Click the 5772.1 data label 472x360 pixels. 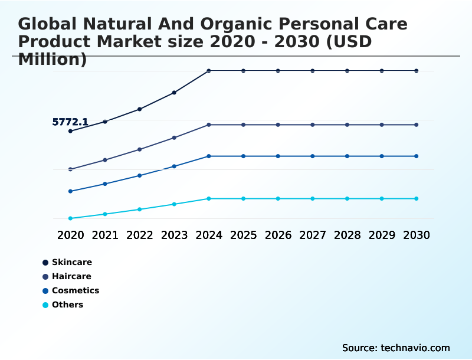[70, 122]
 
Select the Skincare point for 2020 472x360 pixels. [70, 131]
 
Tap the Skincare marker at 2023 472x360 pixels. [174, 93]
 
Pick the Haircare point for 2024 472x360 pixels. [209, 125]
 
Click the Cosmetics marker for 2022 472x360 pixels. [140, 175]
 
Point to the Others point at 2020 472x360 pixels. [70, 218]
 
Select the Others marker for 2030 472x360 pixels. [417, 198]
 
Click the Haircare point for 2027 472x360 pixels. [313, 125]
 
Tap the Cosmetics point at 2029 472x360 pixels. [382, 156]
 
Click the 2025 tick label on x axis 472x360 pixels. [243, 235]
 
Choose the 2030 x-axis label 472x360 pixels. [417, 235]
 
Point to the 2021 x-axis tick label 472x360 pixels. [105, 235]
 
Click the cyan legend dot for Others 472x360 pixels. [45, 305]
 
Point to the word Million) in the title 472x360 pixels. [53, 59]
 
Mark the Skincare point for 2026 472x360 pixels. [278, 71]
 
